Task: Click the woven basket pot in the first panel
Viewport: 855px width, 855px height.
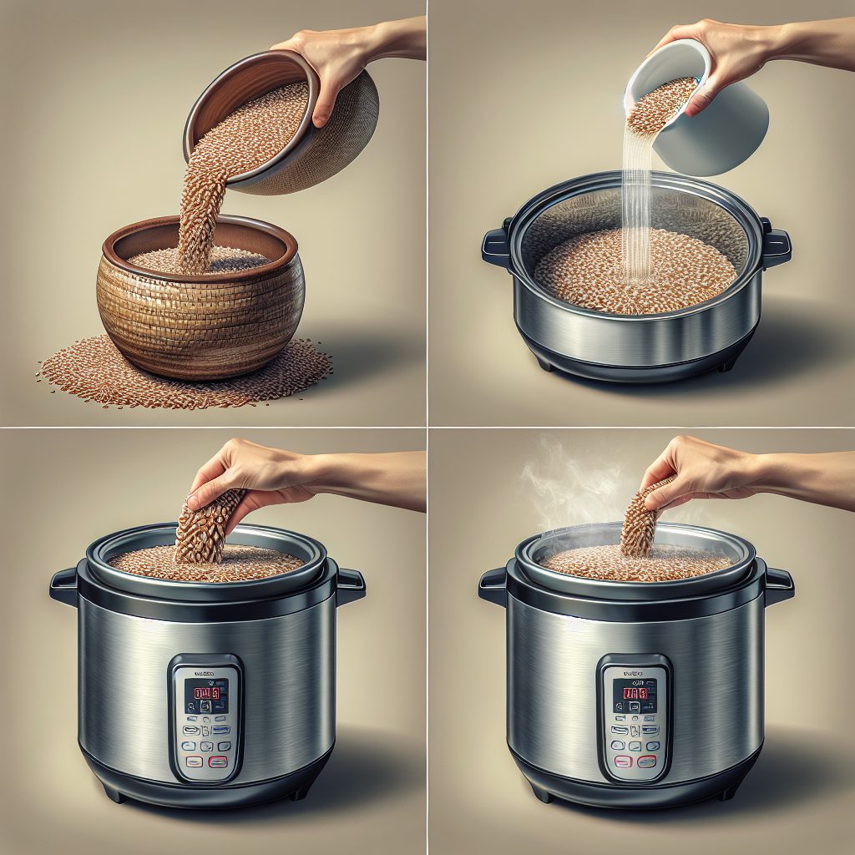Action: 200,309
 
